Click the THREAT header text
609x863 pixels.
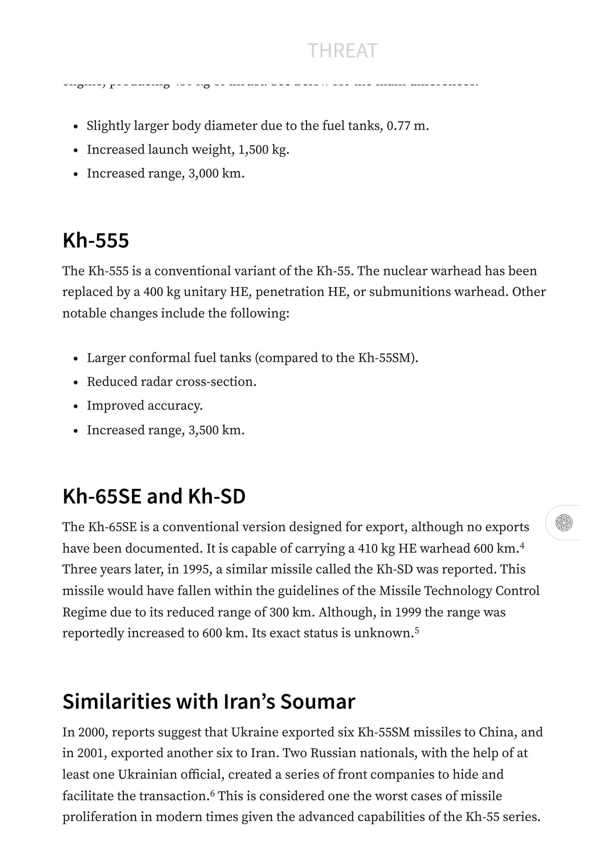(x=342, y=51)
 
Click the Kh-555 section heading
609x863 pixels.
(x=96, y=240)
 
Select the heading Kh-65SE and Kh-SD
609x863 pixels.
(x=154, y=496)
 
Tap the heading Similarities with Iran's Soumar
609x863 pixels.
(x=209, y=702)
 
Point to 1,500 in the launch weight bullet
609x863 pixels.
(x=253, y=150)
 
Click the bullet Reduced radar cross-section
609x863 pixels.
(x=172, y=382)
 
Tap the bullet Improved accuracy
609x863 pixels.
(x=145, y=406)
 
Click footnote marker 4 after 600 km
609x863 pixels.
(x=522, y=545)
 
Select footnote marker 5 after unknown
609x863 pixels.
(x=417, y=630)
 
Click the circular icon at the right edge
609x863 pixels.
(x=564, y=523)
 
